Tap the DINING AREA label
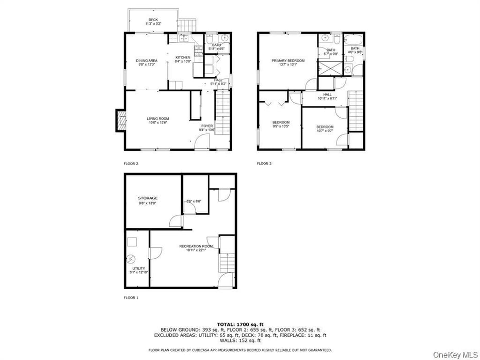(x=147, y=61)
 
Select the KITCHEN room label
(x=183, y=57)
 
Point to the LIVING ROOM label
(x=157, y=119)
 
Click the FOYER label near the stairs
(x=207, y=126)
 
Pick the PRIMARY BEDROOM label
(x=288, y=60)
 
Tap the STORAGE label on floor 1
(x=148, y=198)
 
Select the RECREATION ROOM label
(x=196, y=246)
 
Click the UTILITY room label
(x=138, y=268)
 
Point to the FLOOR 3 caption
(x=264, y=164)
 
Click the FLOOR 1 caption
(x=131, y=298)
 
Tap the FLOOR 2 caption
(x=131, y=164)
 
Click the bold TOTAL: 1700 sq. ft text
(x=239, y=323)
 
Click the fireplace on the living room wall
(x=120, y=121)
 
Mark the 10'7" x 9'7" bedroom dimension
(x=325, y=131)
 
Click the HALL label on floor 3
(x=327, y=94)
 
